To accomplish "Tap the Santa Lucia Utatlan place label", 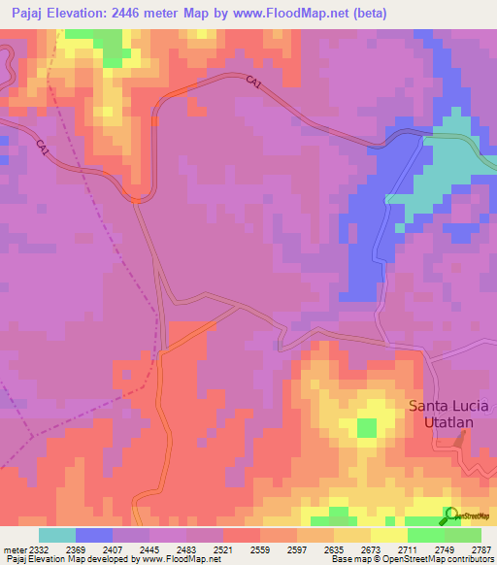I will [x=447, y=414].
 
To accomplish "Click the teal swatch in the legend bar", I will [x=56, y=536].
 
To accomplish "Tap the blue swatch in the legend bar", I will [x=93, y=536].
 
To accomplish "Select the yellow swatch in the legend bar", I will [x=388, y=536].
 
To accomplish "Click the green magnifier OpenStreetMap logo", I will [x=450, y=515].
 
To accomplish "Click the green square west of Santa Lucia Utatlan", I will [x=366, y=427].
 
